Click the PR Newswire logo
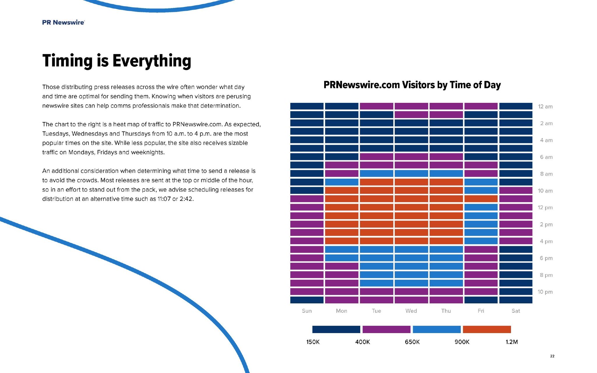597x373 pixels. [x=63, y=22]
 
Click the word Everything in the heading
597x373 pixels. [x=152, y=61]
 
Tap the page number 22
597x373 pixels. [x=552, y=356]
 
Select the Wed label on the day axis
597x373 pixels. [x=411, y=311]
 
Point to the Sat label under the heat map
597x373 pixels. [x=516, y=311]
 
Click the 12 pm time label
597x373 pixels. [x=545, y=207]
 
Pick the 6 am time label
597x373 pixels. [x=546, y=157]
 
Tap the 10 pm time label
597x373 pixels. [x=545, y=292]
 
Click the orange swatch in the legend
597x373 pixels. [x=487, y=329]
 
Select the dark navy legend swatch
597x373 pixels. [x=336, y=329]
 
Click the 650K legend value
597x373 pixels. [x=412, y=342]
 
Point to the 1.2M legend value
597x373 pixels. [x=512, y=342]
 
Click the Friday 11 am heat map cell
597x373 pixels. [x=481, y=199]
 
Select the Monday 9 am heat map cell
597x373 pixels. [x=342, y=182]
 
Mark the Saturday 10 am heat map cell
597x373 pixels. [x=516, y=191]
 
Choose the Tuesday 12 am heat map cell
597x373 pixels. [x=376, y=106]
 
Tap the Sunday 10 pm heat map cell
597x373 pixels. [x=307, y=291]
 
